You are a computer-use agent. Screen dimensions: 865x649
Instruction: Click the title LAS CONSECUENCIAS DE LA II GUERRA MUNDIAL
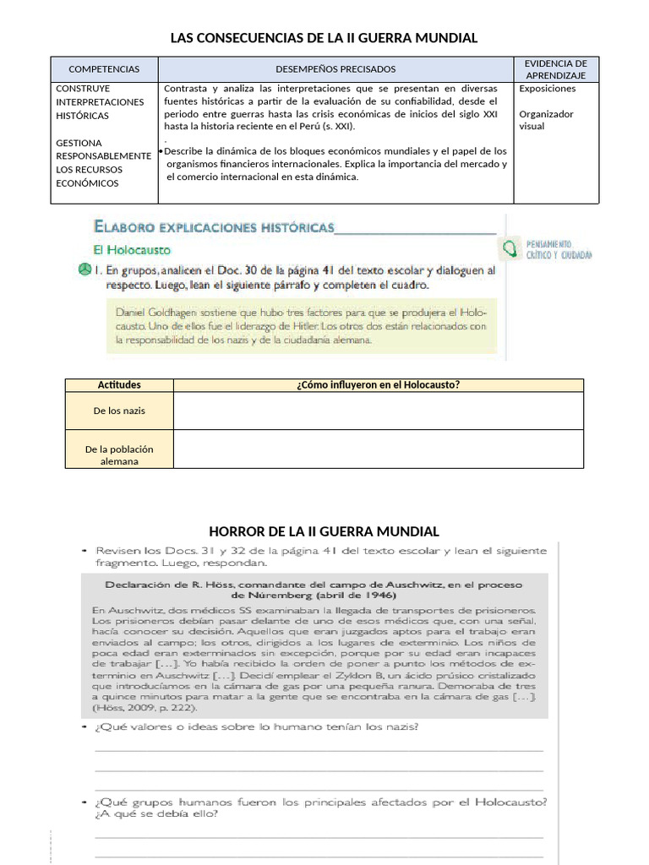click(x=324, y=38)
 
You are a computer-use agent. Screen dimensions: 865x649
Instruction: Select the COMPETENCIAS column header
click(x=104, y=69)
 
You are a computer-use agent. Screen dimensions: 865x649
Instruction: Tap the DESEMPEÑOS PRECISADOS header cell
click(x=335, y=69)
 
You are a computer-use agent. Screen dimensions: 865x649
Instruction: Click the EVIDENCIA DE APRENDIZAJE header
click(x=555, y=69)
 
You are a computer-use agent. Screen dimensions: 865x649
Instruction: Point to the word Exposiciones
click(x=548, y=88)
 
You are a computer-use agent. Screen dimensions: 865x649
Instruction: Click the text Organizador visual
click(x=546, y=120)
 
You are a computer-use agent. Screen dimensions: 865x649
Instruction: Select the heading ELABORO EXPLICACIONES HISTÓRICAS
click(x=214, y=227)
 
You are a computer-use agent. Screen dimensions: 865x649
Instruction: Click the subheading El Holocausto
click(x=131, y=250)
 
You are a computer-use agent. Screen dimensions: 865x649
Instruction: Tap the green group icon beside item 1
click(x=84, y=270)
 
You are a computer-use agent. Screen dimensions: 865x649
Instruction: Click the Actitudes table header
click(x=119, y=385)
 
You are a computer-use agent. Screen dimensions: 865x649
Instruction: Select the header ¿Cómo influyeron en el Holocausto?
click(x=378, y=385)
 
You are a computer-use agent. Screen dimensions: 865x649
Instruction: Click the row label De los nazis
click(x=119, y=411)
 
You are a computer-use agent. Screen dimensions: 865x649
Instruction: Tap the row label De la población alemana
click(x=119, y=455)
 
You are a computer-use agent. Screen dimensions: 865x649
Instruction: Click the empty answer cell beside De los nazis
click(x=378, y=411)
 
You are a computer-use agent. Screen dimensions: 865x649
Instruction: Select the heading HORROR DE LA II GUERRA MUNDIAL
click(x=324, y=531)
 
